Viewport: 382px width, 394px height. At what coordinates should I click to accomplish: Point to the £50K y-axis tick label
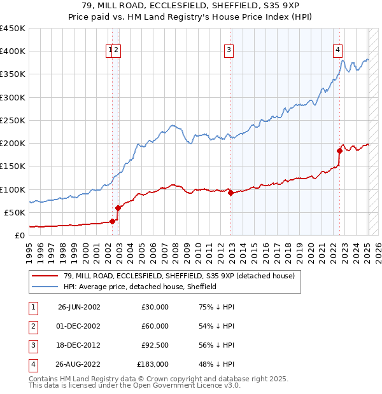click(15, 212)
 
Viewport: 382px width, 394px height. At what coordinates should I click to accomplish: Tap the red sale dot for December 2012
click(231, 193)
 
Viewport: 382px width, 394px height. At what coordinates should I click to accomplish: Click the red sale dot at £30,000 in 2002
click(113, 221)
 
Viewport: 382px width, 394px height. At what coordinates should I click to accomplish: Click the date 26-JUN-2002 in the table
click(79, 307)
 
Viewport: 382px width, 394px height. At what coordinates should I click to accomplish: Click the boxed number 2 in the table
click(32, 326)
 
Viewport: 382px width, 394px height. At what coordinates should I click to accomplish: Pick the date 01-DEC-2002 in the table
click(79, 326)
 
